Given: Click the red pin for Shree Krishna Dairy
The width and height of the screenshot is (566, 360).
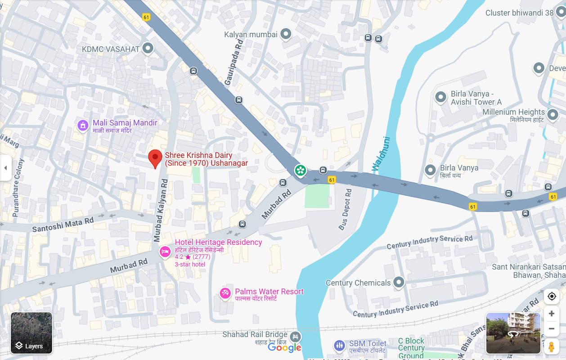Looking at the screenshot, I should [x=155, y=158].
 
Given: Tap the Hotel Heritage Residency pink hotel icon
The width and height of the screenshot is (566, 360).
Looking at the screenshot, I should [x=165, y=252].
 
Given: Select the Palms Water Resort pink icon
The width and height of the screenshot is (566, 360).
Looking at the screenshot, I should [x=225, y=293].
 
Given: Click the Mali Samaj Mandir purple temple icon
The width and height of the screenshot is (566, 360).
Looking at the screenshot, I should [x=82, y=125].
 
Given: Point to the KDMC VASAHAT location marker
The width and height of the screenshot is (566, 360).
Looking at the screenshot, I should [x=148, y=48].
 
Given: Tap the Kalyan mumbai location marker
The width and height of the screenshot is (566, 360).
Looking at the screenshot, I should [x=286, y=34].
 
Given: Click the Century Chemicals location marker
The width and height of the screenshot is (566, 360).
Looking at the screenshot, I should [x=399, y=282].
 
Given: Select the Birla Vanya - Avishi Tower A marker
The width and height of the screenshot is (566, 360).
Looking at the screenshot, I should [x=440, y=97].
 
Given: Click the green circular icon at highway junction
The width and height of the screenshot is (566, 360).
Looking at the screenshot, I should [x=300, y=171].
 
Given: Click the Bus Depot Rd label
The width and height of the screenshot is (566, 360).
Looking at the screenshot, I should [x=346, y=209].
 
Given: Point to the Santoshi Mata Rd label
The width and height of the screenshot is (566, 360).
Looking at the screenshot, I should [x=63, y=225].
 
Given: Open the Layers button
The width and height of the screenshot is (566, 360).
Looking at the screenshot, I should [x=31, y=333].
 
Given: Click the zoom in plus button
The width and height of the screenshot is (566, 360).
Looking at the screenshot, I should [x=551, y=314].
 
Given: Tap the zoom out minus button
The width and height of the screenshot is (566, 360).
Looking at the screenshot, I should [x=551, y=329].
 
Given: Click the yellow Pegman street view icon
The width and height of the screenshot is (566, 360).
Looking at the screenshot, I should [x=551, y=347].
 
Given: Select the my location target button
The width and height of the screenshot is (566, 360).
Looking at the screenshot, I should [x=552, y=296].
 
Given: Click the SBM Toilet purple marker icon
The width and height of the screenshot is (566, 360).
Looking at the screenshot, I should [x=339, y=346].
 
